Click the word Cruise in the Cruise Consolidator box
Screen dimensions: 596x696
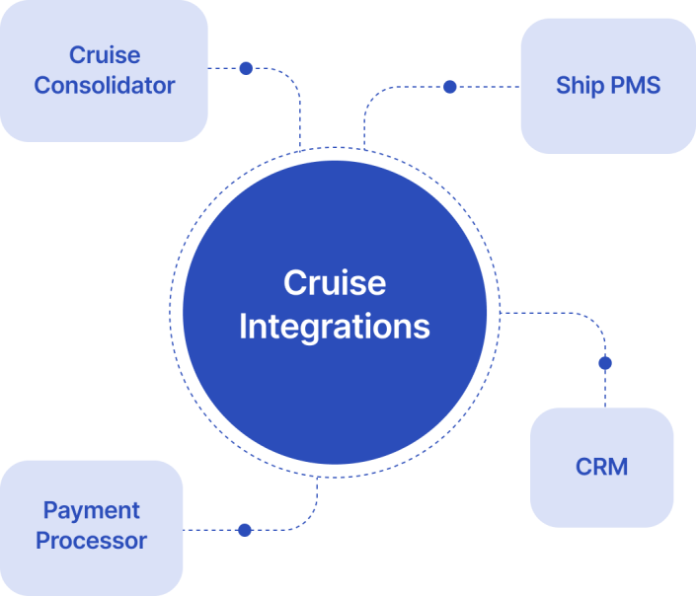pyautogui.click(x=105, y=55)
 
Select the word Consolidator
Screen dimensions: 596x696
pyautogui.click(x=105, y=86)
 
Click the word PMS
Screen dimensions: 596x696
pyautogui.click(x=635, y=85)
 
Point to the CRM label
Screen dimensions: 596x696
pyautogui.click(x=601, y=467)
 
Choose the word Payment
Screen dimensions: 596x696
pyautogui.click(x=92, y=510)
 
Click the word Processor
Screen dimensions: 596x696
pyautogui.click(x=92, y=541)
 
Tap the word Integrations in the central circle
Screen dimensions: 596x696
pyautogui.click(x=335, y=327)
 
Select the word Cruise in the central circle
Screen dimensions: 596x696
pyautogui.click(x=335, y=283)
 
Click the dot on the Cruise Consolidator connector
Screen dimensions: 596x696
pyautogui.click(x=246, y=68)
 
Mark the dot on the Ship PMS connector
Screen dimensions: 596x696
pyautogui.click(x=450, y=87)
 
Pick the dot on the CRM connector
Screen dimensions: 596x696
pyautogui.click(x=605, y=363)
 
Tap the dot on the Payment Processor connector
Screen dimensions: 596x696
pyautogui.click(x=245, y=530)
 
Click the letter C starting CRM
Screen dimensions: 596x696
pyautogui.click(x=583, y=467)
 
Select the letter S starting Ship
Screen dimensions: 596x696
pyautogui.click(x=563, y=85)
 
